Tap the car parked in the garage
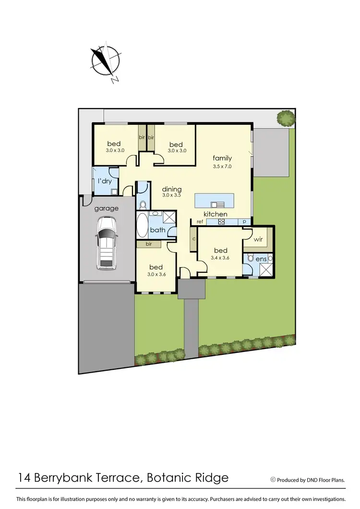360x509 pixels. (x=106, y=242)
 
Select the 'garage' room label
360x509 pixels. (x=106, y=208)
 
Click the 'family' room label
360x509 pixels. (x=223, y=158)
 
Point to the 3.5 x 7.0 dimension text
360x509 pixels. (x=223, y=166)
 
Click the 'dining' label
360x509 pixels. (x=171, y=189)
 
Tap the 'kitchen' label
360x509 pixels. (x=216, y=214)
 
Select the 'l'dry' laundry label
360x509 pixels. (x=105, y=181)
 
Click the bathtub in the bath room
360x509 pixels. (x=143, y=226)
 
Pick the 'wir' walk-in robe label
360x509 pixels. (x=258, y=238)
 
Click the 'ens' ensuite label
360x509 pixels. (x=261, y=259)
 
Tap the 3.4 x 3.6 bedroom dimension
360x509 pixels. (x=220, y=258)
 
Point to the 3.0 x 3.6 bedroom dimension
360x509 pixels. (x=156, y=275)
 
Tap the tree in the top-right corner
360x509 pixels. (x=286, y=118)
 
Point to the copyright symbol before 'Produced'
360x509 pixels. (x=273, y=479)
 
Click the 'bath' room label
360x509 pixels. (x=158, y=230)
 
